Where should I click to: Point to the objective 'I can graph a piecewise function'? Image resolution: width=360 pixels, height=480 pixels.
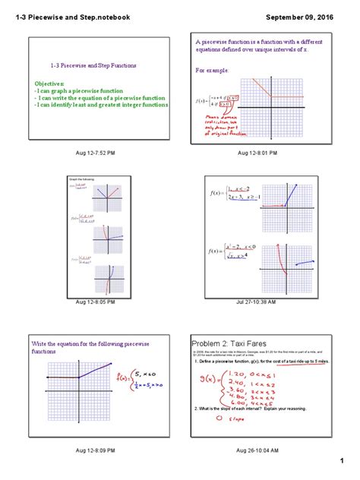click(76, 89)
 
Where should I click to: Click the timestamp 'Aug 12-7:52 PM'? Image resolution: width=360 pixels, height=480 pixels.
click(96, 153)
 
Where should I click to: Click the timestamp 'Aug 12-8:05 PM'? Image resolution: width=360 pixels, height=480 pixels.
click(96, 302)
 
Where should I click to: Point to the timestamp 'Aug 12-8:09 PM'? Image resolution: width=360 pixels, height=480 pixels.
click(96, 450)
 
